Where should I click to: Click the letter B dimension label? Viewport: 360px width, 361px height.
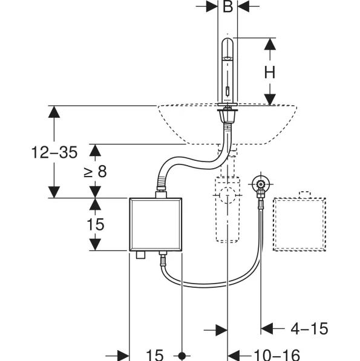(x=227, y=7)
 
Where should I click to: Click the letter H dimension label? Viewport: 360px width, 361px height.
(x=270, y=73)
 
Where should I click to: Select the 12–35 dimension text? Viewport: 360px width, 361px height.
(x=54, y=152)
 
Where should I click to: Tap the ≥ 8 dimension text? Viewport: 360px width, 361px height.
(x=96, y=171)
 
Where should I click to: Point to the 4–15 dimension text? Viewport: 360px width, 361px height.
(x=309, y=328)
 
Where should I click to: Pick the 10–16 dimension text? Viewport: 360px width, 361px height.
(x=277, y=355)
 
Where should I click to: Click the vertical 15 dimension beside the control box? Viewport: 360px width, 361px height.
(x=96, y=224)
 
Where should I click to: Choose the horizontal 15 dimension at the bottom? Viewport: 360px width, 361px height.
(x=155, y=355)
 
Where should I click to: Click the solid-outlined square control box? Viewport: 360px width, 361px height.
(x=155, y=224)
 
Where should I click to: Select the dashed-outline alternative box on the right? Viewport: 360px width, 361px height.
(x=299, y=224)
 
